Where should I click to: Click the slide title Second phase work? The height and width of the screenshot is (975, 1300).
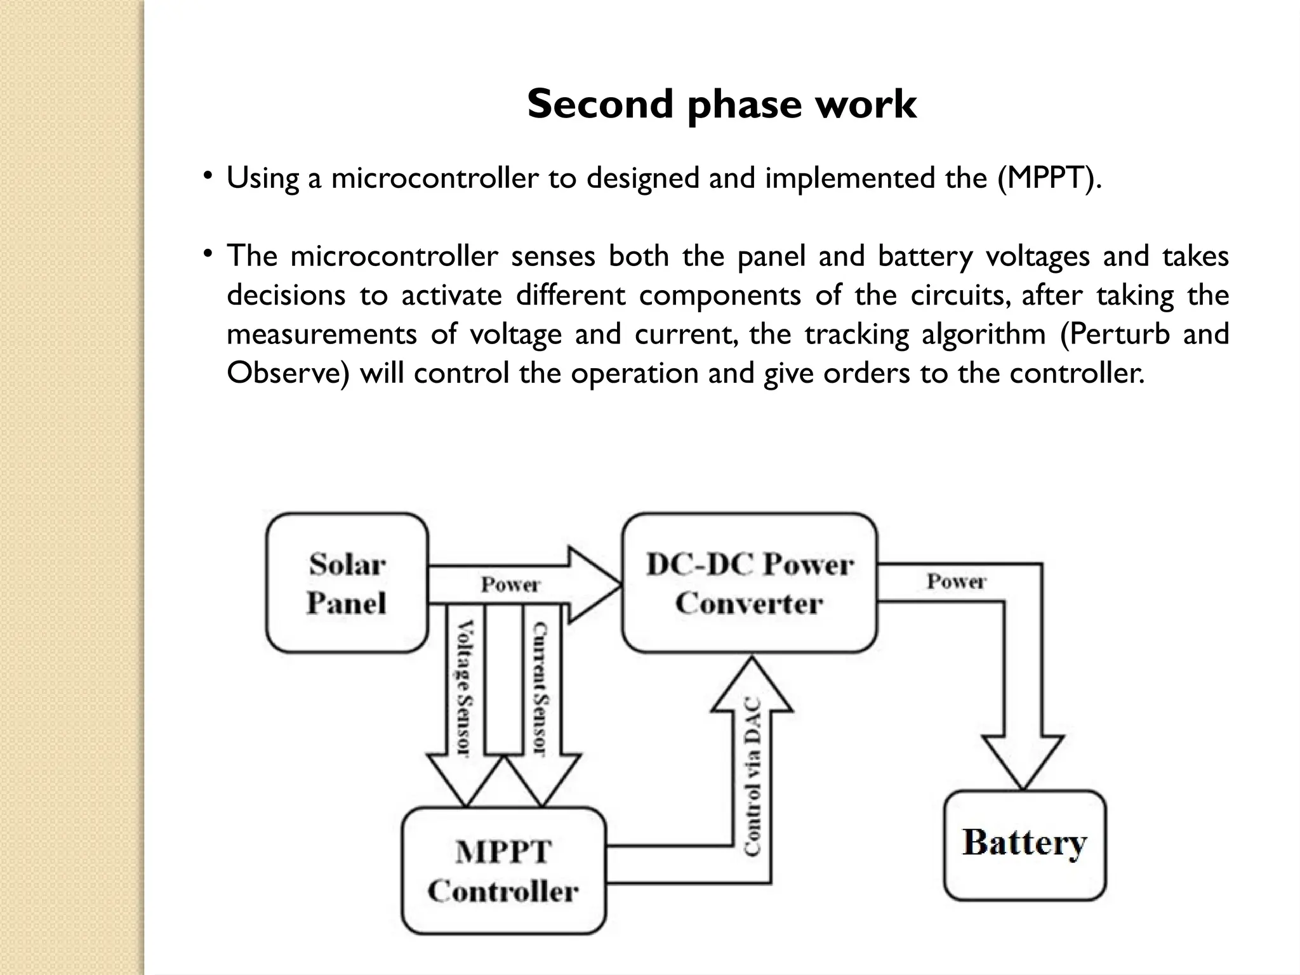(722, 104)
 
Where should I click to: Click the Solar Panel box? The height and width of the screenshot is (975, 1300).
(347, 583)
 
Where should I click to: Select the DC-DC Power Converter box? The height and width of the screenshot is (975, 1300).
(750, 583)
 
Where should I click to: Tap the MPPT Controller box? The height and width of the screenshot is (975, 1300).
(503, 870)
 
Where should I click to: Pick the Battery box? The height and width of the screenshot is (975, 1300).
(1025, 844)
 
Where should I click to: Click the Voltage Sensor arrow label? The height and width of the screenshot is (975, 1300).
(465, 688)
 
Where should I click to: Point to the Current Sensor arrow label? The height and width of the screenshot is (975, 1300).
(541, 688)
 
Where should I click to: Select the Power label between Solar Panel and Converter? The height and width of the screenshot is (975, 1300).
(510, 584)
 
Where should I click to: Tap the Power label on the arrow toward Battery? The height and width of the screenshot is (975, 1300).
(956, 581)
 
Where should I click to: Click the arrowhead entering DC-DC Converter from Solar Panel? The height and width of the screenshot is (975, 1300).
(594, 584)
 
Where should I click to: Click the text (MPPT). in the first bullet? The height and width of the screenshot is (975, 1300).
(1049, 178)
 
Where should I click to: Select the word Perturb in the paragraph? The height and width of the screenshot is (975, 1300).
(1115, 334)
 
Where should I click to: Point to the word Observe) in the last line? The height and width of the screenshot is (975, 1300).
(288, 373)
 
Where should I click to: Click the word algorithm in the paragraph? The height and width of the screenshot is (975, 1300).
(983, 334)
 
